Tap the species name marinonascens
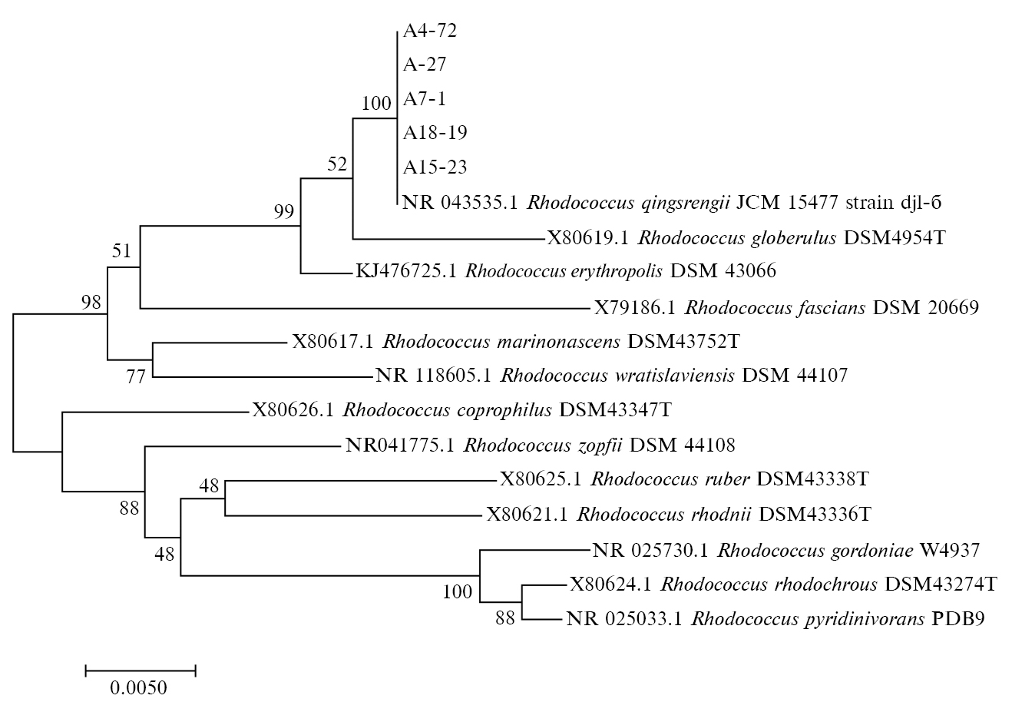(562, 341)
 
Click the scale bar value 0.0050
(138, 687)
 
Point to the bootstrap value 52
(337, 164)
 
